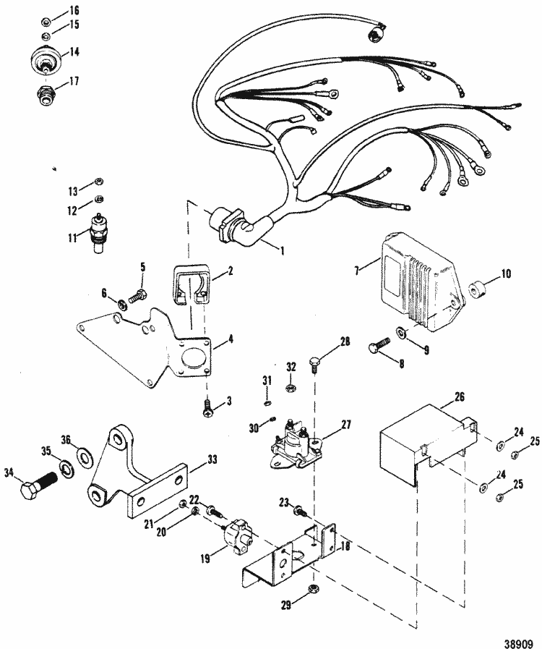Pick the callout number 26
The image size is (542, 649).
460,396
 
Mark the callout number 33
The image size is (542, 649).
212,458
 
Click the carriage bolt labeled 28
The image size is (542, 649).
317,360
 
